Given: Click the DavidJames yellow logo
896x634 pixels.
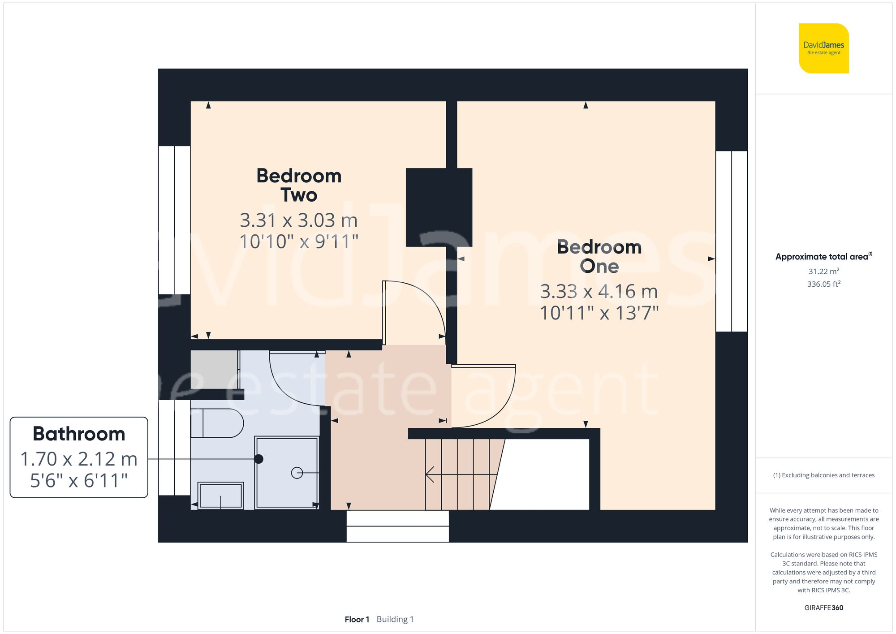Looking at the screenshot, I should pyautogui.click(x=823, y=48).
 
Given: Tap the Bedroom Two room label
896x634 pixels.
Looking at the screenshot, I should pyautogui.click(x=299, y=185).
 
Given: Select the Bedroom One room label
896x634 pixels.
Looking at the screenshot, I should pyautogui.click(x=599, y=256).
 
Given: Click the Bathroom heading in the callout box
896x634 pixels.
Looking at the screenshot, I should pyautogui.click(x=79, y=434).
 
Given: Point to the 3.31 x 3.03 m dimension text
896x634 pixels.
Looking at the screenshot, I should pyautogui.click(x=299, y=220).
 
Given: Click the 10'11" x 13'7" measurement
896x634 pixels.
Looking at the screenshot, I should pyautogui.click(x=599, y=313).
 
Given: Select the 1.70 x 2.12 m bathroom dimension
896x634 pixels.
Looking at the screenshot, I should pyautogui.click(x=79, y=459).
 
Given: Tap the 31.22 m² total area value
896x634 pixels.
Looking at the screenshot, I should pyautogui.click(x=823, y=272).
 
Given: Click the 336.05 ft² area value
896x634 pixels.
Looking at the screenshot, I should pyautogui.click(x=823, y=284).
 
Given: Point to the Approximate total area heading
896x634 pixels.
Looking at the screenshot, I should pyautogui.click(x=823, y=257).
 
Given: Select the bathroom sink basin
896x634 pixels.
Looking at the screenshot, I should pyautogui.click(x=220, y=496).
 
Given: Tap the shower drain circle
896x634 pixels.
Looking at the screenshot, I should pyautogui.click(x=297, y=473).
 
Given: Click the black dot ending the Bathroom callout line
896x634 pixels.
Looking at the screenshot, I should pyautogui.click(x=258, y=459).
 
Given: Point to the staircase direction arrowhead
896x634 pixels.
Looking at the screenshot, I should pyautogui.click(x=429, y=474).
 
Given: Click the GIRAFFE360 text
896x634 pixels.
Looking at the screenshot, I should pyautogui.click(x=823, y=608).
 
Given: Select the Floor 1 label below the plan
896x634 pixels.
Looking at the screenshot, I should pyautogui.click(x=357, y=619).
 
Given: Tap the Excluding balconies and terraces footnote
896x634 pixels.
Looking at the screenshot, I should pyautogui.click(x=823, y=475).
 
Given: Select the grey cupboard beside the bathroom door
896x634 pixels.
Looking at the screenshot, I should pyautogui.click(x=214, y=369).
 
